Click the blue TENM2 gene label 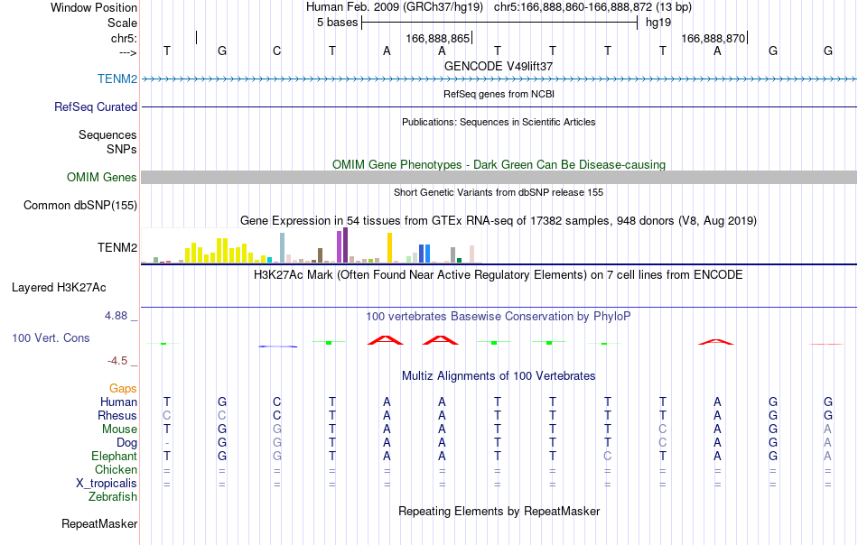point(117,79)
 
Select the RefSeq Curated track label point(96,106)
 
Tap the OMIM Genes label point(102,177)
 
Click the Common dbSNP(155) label point(80,205)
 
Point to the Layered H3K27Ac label point(59,288)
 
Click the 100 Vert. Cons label point(51,337)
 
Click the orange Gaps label point(123,388)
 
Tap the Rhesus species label point(117,415)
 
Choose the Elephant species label point(114,456)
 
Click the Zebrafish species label point(113,497)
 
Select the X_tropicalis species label point(107,484)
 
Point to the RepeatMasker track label point(99,523)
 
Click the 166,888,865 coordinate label point(438,38)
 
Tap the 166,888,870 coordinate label point(713,38)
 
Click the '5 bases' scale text point(337,23)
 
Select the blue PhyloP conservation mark point(278,346)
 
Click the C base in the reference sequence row point(277,51)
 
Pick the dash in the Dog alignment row point(167,443)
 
